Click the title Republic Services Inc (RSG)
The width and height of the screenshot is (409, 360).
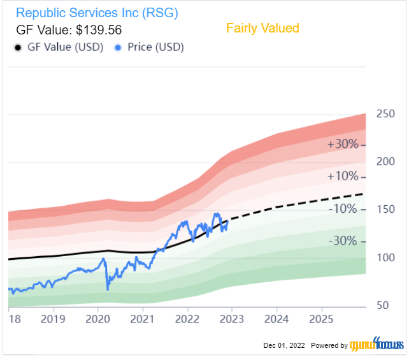point(97,12)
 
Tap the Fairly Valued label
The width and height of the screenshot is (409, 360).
point(262,28)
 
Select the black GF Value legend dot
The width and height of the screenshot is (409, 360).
point(18,48)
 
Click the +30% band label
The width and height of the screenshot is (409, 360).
point(343,144)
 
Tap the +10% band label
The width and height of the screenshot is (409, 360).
point(343,176)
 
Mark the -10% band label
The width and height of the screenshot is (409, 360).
point(343,209)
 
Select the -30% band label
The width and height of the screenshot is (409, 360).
point(343,241)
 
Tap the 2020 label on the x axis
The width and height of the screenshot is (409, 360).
point(98,319)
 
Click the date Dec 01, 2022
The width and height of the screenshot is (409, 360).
point(283,345)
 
